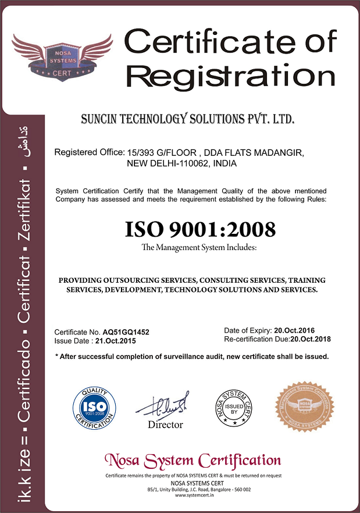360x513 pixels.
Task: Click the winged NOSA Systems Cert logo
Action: [63, 55]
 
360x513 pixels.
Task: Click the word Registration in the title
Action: [231, 76]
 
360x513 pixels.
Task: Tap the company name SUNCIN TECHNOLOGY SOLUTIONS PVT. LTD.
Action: [187, 120]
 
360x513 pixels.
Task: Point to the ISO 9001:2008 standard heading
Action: [201, 229]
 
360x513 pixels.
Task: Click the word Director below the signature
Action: [165, 425]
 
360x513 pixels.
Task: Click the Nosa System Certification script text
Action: [193, 461]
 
